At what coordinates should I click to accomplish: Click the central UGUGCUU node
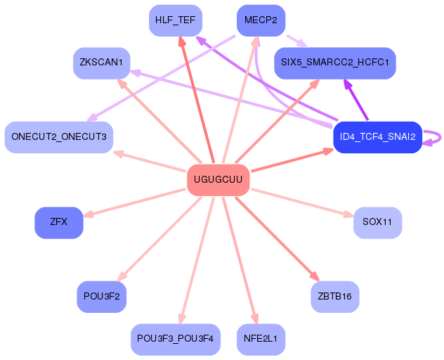tap(218, 180)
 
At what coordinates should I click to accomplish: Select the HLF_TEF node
tap(176, 20)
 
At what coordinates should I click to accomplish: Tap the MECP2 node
tap(261, 20)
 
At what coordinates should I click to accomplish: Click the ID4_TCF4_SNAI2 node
tap(377, 136)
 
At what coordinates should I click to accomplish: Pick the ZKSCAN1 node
tap(101, 63)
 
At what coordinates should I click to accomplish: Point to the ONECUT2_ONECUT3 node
tap(58, 136)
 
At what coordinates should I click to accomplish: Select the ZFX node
tap(58, 222)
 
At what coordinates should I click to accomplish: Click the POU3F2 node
tap(101, 296)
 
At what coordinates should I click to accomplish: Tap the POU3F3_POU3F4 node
tap(176, 339)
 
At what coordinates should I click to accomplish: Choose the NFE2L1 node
tap(261, 339)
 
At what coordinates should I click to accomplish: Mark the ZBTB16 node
tap(334, 296)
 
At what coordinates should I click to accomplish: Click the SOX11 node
tap(377, 222)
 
